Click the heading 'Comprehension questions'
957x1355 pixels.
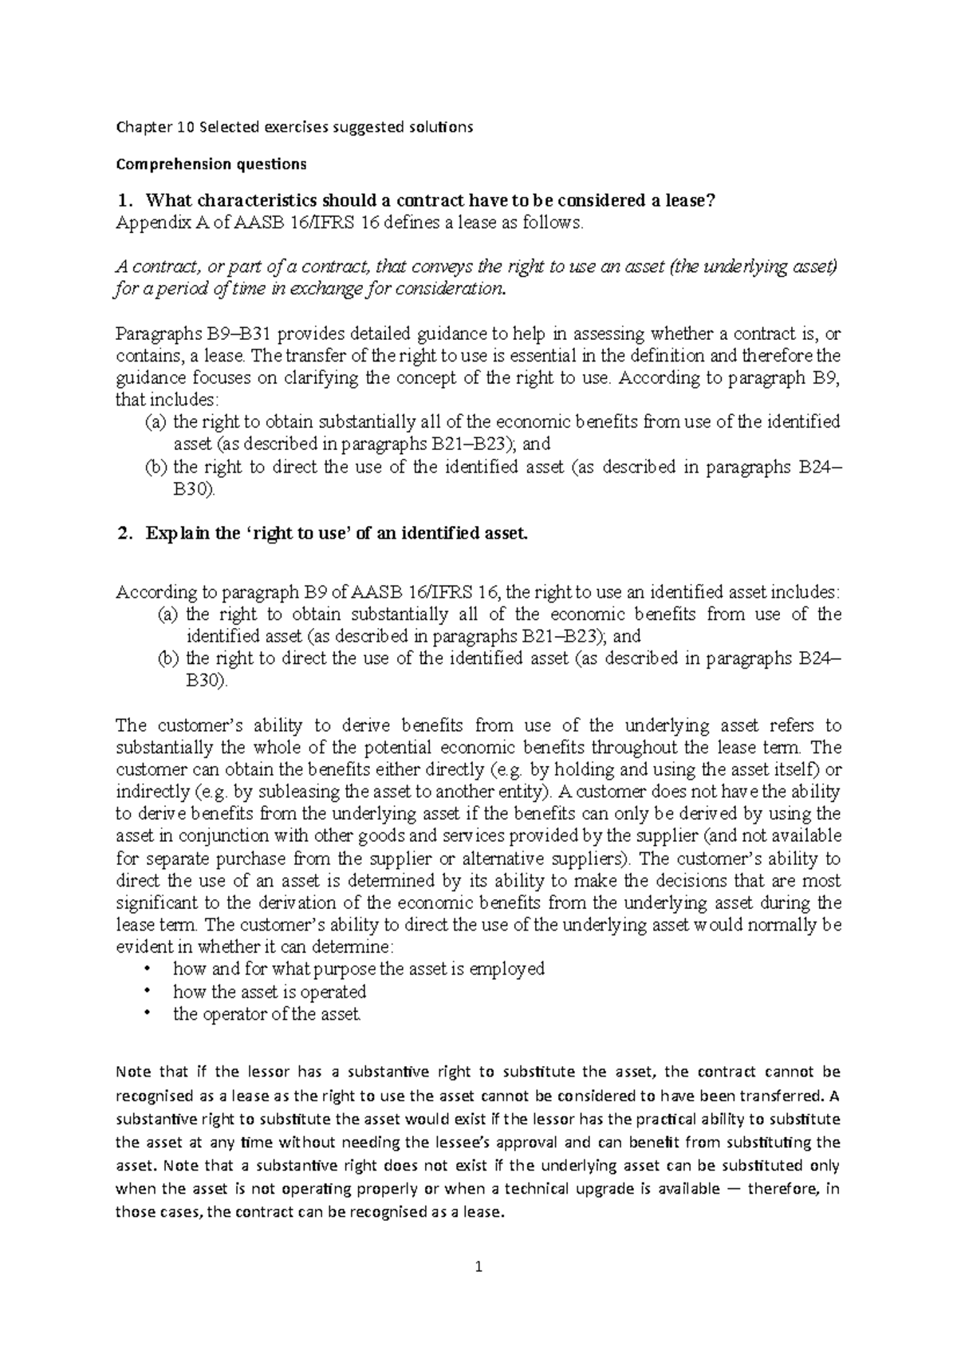(x=211, y=164)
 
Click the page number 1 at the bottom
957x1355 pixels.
(x=478, y=1266)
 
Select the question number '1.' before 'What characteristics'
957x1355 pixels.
(x=123, y=200)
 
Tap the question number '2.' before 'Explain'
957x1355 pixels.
(x=123, y=534)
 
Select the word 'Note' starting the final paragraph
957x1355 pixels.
(x=132, y=1071)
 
